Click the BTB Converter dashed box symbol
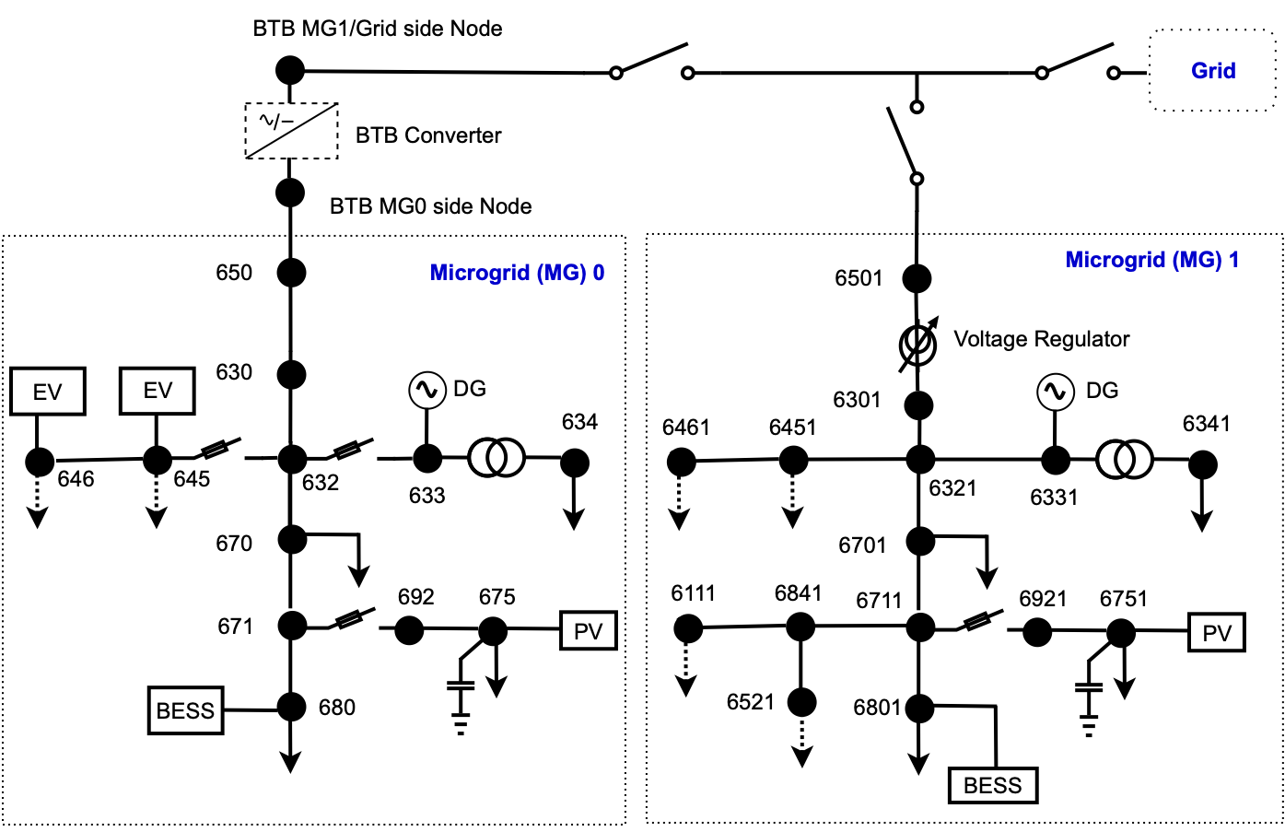[x=291, y=131]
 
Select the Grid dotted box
[x=1212, y=71]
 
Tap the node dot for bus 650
[x=291, y=273]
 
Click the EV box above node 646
[x=48, y=392]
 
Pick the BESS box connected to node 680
[x=185, y=710]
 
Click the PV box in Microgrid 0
[x=588, y=631]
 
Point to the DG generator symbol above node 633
[x=426, y=391]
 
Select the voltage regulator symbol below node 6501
[x=918, y=346]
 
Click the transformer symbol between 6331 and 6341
[x=1124, y=459]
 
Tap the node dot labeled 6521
[x=801, y=703]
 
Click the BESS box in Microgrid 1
[x=993, y=785]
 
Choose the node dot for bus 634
[x=575, y=463]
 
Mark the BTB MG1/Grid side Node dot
[x=290, y=70]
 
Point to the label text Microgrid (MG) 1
[x=1151, y=260]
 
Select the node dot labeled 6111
[x=687, y=629]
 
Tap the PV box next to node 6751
[x=1217, y=633]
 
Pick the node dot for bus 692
[x=409, y=630]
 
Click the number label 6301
[x=857, y=400]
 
